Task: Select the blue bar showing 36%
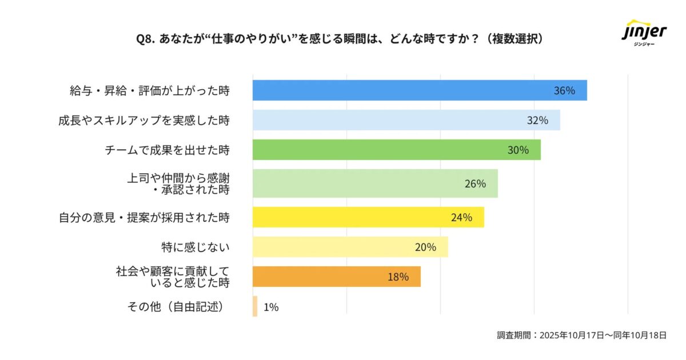[420, 90]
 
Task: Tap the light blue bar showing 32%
[406, 120]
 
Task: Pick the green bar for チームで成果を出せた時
[396, 150]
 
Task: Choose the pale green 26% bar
[375, 183]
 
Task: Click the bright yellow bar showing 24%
[368, 217]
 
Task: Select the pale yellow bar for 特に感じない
[350, 247]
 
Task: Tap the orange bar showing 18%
[336, 277]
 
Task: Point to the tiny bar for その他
[255, 306]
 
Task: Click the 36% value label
[564, 90]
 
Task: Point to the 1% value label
[271, 307]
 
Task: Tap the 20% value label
[425, 247]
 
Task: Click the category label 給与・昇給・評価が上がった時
[149, 90]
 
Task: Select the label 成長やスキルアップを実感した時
[143, 120]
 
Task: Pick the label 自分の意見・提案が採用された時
[144, 217]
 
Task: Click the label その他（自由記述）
[175, 307]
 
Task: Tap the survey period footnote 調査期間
[581, 335]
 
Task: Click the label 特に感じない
[196, 247]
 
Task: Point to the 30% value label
[518, 150]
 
